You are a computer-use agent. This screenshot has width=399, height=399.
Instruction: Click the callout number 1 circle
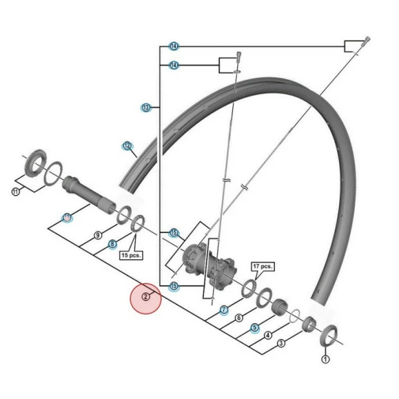coord(325,360)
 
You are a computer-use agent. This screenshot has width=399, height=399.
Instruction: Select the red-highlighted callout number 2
coord(146,297)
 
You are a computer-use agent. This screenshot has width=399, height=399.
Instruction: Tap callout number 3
coord(281,344)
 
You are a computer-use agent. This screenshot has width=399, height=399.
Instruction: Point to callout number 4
coord(268,335)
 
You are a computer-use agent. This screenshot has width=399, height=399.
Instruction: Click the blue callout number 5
coord(254,327)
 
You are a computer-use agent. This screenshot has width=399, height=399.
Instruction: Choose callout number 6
coord(239,318)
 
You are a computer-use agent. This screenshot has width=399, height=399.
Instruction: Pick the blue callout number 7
coord(223,310)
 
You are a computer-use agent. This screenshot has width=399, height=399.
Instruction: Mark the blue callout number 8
coord(112,244)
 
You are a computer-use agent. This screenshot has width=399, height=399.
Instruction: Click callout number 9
coord(98,236)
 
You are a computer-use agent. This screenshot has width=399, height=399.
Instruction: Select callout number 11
coord(15,191)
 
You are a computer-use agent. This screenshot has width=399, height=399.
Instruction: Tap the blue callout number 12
coord(127,146)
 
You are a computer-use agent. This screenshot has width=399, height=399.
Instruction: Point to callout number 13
coord(146,107)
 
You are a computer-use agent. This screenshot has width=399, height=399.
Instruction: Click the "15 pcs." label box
coord(131,254)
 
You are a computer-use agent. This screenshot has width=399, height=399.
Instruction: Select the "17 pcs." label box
coord(263,266)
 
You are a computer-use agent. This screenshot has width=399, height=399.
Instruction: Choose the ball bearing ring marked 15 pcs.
coord(137,227)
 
